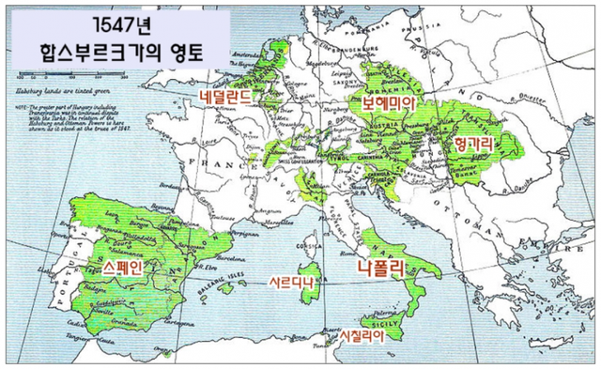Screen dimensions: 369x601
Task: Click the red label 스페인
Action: pyautogui.click(x=123, y=268)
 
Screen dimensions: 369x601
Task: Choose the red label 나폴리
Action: pyautogui.click(x=380, y=268)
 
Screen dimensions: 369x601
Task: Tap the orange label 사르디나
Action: pyautogui.click(x=290, y=282)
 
